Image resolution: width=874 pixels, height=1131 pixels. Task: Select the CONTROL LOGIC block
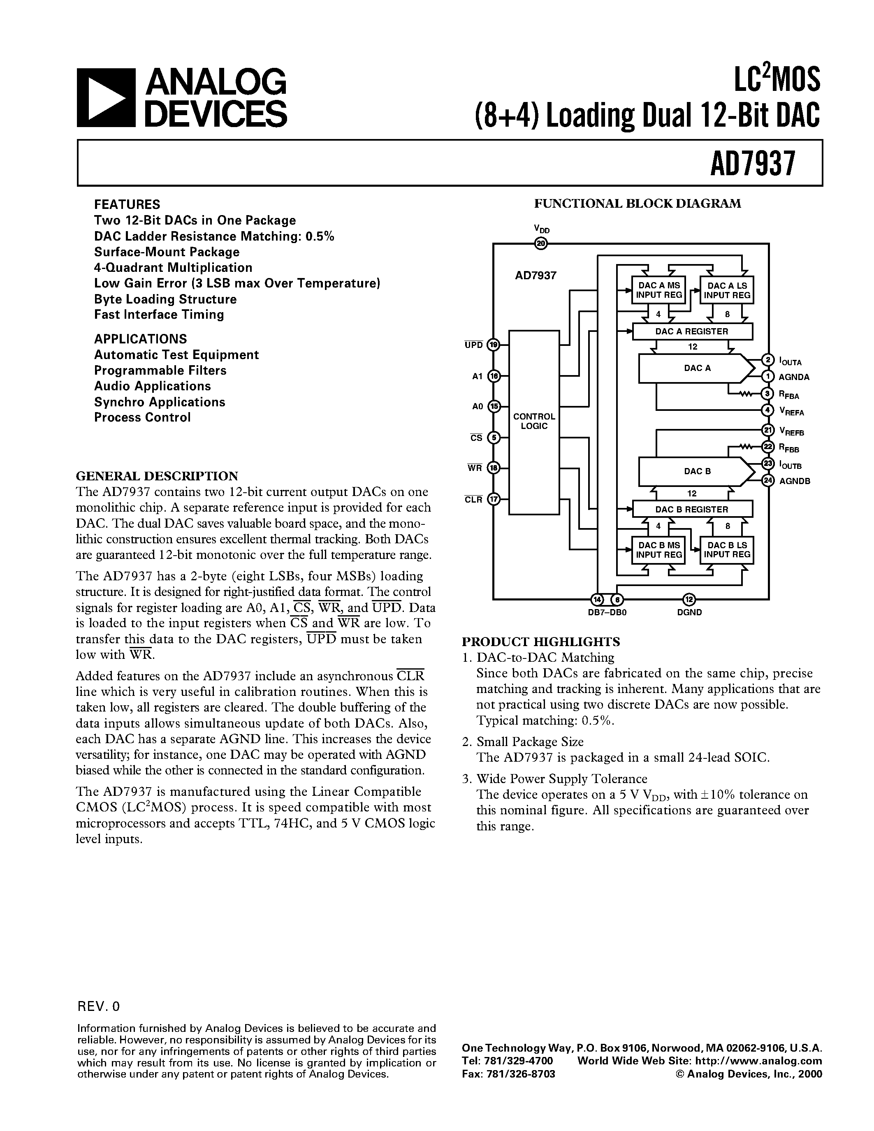(534, 422)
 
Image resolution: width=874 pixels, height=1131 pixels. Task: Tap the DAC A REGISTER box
(692, 331)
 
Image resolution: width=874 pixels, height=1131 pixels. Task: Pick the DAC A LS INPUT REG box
(727, 290)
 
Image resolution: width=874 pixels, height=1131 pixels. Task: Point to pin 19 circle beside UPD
(494, 345)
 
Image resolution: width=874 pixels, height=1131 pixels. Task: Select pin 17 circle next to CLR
(494, 499)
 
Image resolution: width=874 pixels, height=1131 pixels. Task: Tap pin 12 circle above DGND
(689, 599)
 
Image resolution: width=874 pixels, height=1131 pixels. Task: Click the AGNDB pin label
(794, 481)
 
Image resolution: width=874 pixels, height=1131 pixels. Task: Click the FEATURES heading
(127, 204)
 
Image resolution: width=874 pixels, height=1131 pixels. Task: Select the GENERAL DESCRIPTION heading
(157, 476)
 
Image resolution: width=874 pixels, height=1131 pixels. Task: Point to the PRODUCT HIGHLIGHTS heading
(540, 642)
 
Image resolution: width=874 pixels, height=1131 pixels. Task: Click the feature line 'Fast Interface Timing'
(159, 315)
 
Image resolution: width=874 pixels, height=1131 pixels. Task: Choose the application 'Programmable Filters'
(160, 371)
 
